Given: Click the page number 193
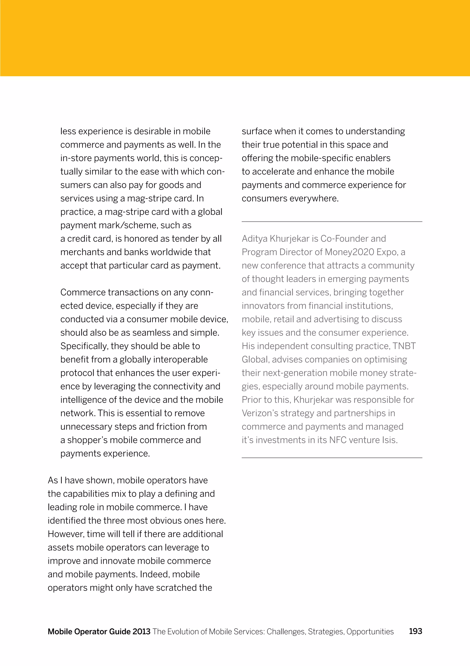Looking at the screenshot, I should click(x=415, y=631).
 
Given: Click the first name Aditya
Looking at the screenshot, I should click(x=255, y=239).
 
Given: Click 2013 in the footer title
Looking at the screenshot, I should click(x=141, y=631).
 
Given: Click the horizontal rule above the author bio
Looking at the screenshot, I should click(x=332, y=222).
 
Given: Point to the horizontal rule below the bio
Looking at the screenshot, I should click(x=332, y=458).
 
